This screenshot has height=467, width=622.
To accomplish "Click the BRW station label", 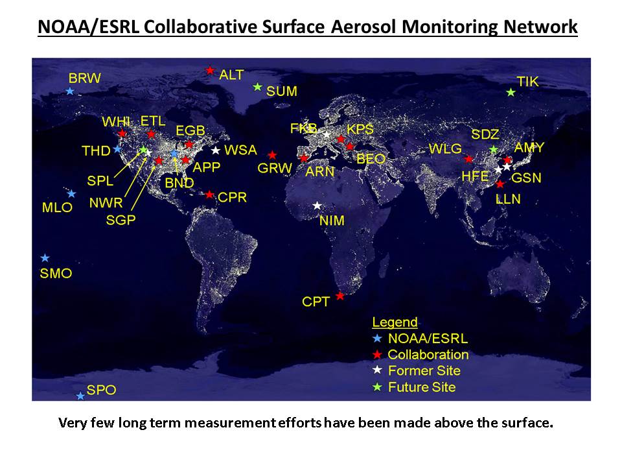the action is coord(84,78).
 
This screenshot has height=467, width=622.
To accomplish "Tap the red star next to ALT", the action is coord(210,71).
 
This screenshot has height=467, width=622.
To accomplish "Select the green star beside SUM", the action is coord(257,86).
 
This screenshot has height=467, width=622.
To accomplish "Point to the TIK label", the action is coord(527,82).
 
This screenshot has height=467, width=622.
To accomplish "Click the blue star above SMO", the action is coord(45,258).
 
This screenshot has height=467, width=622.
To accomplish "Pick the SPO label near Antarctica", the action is coord(101,390).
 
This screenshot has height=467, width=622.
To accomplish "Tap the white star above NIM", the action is coord(317,206).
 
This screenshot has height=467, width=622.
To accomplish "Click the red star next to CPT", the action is coord(340,296).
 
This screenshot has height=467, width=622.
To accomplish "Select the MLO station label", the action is coord(57,208).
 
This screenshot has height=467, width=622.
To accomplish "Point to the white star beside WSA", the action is coord(215,150).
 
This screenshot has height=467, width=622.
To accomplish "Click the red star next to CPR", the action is coord(209,195).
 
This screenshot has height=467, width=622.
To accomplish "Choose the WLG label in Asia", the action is coord(445,149).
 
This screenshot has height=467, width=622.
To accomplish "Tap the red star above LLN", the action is coord(500,184).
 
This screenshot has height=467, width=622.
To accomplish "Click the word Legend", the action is coord(395,322).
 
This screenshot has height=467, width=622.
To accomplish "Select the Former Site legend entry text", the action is coord(424,370).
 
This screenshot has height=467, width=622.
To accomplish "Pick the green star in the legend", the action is coord(377,387).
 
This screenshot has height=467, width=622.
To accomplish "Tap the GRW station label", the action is coord(275,169).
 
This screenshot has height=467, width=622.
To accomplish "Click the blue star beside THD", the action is coord(117,149).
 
